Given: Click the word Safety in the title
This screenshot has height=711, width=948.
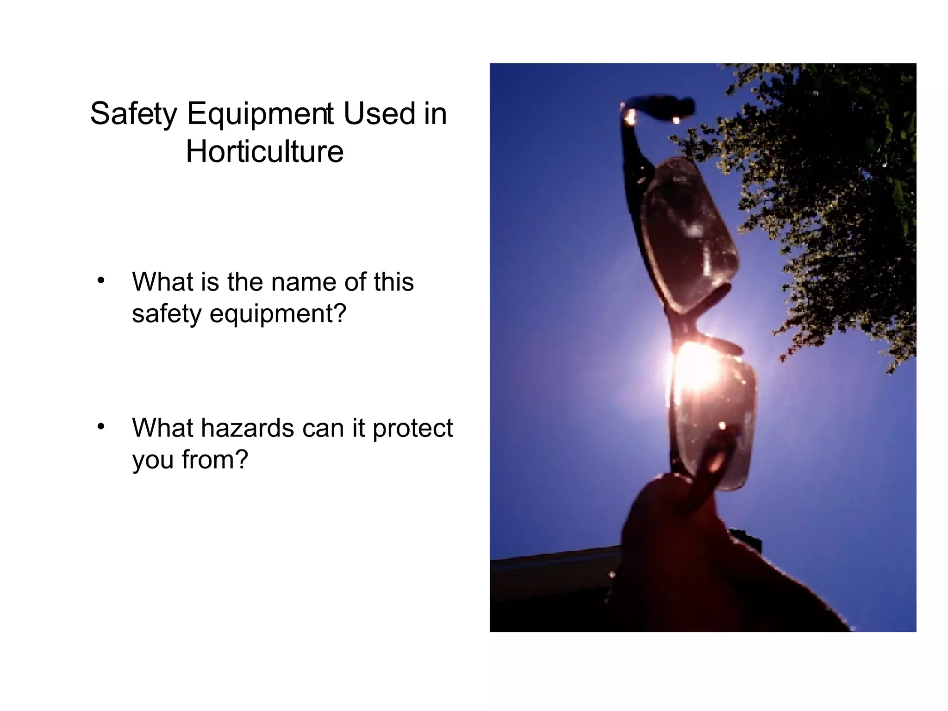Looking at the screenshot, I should click(x=134, y=114).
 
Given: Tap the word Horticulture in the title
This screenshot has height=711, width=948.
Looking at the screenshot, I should click(x=264, y=151).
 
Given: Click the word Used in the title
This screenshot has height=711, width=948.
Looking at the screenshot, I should click(x=379, y=114).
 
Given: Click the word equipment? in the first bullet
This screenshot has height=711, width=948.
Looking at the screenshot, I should click(x=278, y=313).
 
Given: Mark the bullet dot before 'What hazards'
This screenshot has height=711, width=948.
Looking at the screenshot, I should click(x=101, y=426).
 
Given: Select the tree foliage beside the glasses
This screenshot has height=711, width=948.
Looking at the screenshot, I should click(x=833, y=185).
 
